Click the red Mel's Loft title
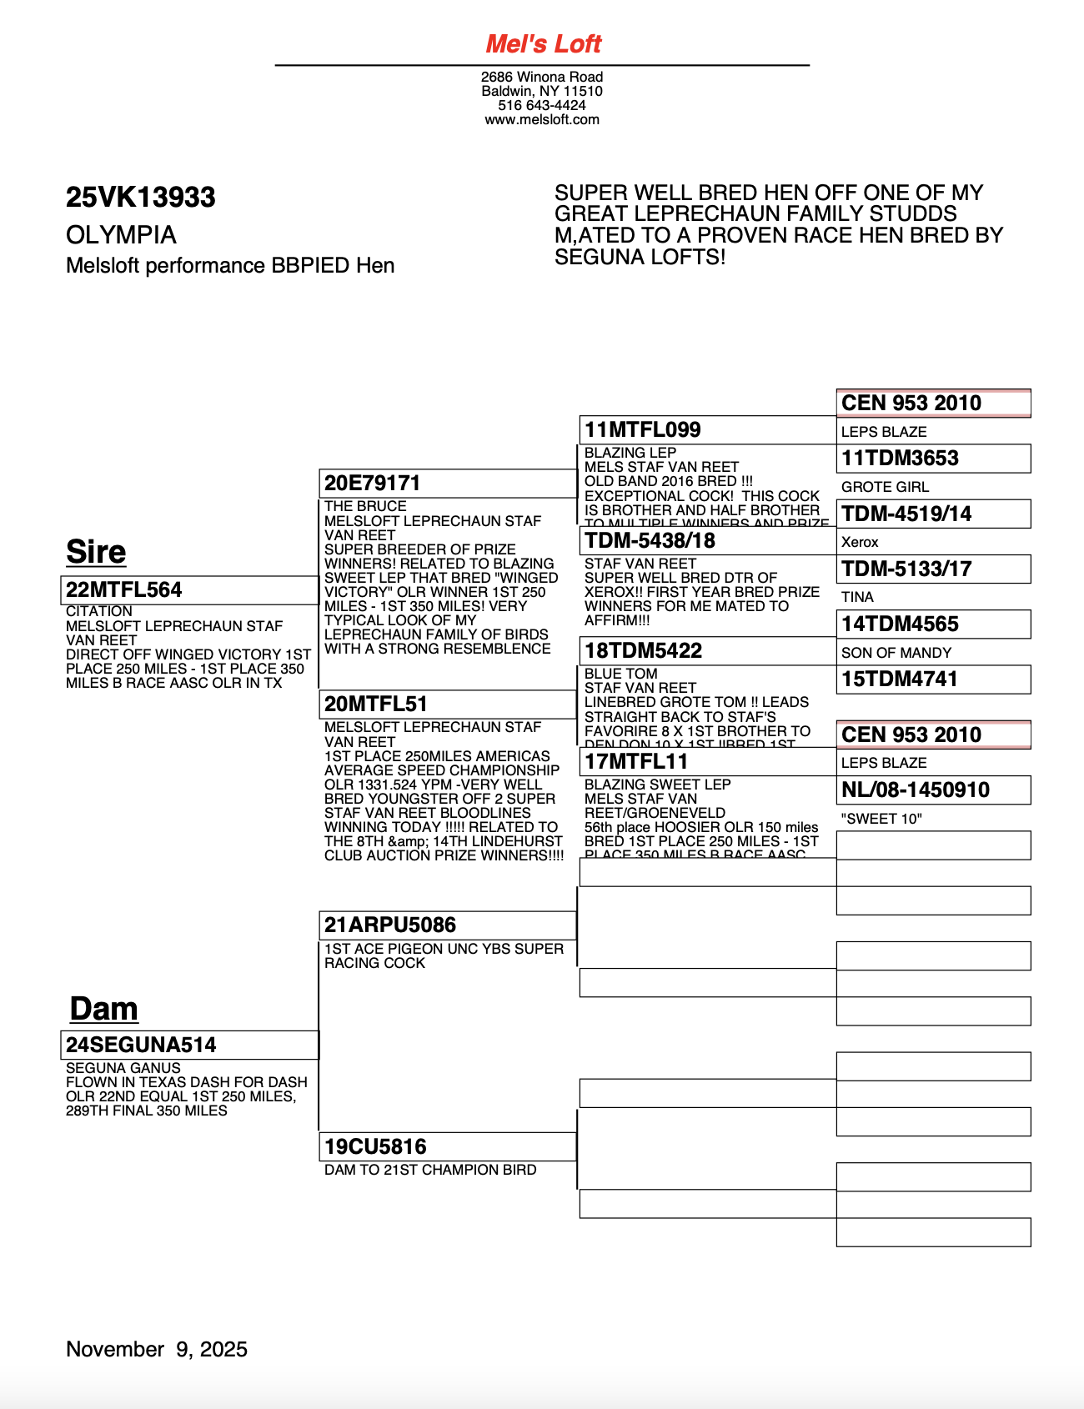tap(543, 43)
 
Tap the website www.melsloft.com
tap(542, 119)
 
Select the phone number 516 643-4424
tap(542, 105)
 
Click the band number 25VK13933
tap(140, 197)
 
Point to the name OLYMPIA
tap(121, 235)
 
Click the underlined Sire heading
tap(96, 552)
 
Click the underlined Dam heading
tap(103, 1008)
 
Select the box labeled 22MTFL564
tap(188, 589)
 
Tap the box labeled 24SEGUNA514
tap(188, 1045)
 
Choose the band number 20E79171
tap(372, 483)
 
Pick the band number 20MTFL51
tap(364, 704)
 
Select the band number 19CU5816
tap(375, 1146)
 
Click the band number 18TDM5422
tap(643, 650)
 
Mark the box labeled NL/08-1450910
tap(933, 790)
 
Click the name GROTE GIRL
tap(885, 487)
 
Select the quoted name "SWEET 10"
tap(881, 819)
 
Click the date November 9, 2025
tap(157, 1349)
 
